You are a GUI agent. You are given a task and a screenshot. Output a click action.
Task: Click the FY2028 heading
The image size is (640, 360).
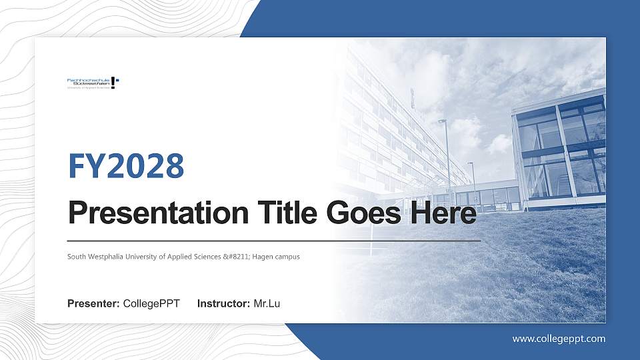point(126,167)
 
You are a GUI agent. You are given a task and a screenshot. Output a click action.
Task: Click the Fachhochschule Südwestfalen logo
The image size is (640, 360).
point(93,83)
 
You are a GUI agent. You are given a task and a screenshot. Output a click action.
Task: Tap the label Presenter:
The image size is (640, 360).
point(93,304)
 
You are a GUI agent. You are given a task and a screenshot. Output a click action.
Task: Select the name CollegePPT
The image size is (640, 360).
point(151,304)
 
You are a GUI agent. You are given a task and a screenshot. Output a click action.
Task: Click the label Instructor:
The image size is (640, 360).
point(224,304)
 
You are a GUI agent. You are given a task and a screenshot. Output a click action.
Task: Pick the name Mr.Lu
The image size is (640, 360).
point(267,304)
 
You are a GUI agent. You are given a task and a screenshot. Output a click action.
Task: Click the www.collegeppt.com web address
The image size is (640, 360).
point(559,339)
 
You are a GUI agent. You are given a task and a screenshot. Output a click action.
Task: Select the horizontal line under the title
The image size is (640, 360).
point(274,240)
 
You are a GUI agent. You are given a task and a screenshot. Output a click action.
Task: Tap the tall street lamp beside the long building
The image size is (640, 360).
point(445,153)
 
